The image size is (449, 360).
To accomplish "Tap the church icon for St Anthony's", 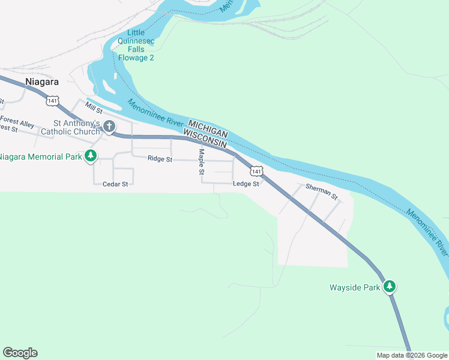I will (109, 126).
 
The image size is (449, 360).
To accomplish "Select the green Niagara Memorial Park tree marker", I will (91, 157).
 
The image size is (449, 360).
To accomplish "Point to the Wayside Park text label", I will (355, 287).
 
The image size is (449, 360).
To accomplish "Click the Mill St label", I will (94, 109).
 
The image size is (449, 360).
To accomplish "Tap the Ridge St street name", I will (160, 159).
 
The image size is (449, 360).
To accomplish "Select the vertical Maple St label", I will (202, 162).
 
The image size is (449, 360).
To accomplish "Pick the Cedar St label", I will (116, 184).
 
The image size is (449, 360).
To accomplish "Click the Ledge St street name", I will (246, 184).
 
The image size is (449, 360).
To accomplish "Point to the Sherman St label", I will (322, 192).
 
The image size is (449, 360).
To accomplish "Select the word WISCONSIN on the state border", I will (205, 139).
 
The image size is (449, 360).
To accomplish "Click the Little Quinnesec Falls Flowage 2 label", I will (136, 46).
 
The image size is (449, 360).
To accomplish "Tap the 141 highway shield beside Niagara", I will (53, 100).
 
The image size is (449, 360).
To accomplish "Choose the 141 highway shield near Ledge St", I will (256, 171).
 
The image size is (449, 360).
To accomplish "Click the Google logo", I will (20, 353).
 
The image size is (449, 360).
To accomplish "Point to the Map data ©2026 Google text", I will (412, 355).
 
